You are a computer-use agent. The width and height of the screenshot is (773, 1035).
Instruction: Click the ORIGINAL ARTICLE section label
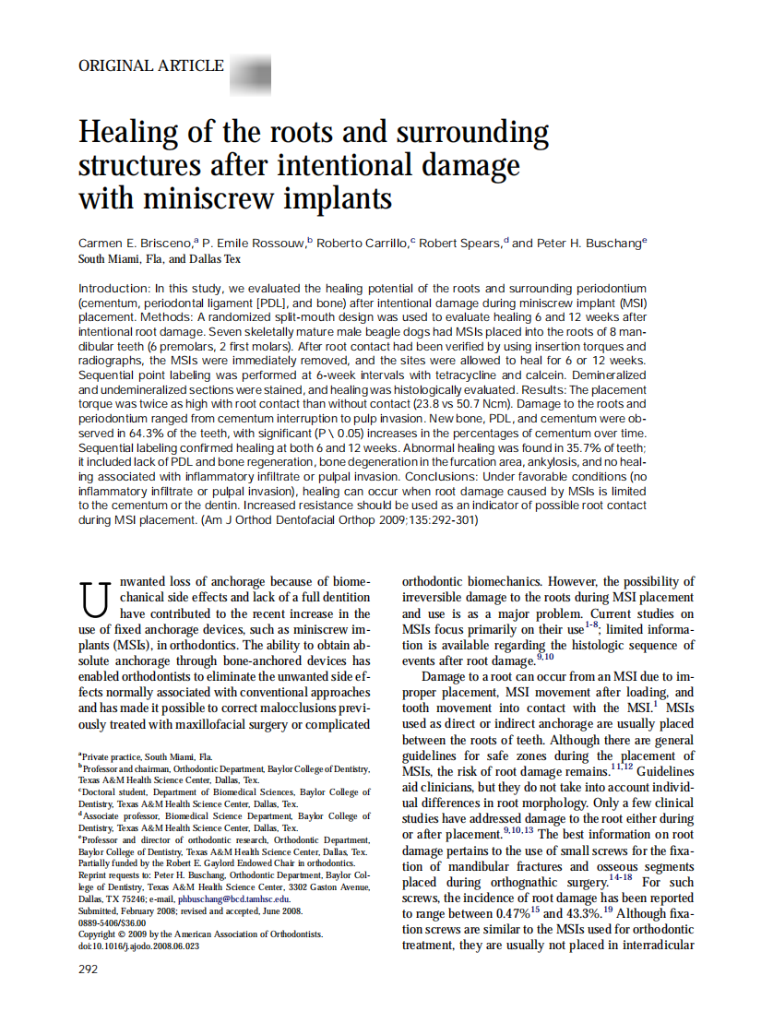tap(151, 66)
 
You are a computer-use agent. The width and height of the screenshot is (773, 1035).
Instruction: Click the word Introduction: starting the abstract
tap(113, 289)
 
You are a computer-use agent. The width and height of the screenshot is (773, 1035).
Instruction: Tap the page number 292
tap(88, 969)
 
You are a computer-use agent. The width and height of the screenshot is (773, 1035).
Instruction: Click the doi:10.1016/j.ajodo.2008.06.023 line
tap(138, 946)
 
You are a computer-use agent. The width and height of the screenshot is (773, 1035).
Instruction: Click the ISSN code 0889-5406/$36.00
tap(113, 922)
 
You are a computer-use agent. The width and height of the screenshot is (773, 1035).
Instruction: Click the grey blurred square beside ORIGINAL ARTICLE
tap(249, 69)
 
